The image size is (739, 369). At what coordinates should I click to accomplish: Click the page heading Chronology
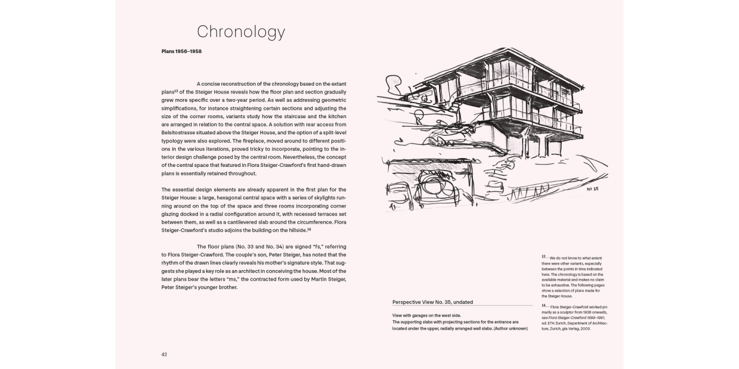click(241, 32)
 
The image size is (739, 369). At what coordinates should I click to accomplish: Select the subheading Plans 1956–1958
click(181, 51)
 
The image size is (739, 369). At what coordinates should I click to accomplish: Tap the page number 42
click(165, 354)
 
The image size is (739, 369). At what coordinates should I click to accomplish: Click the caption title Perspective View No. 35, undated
click(433, 302)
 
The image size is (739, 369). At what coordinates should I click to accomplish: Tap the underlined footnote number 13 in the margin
click(543, 257)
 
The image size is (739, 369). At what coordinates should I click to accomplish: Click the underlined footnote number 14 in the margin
click(543, 306)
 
